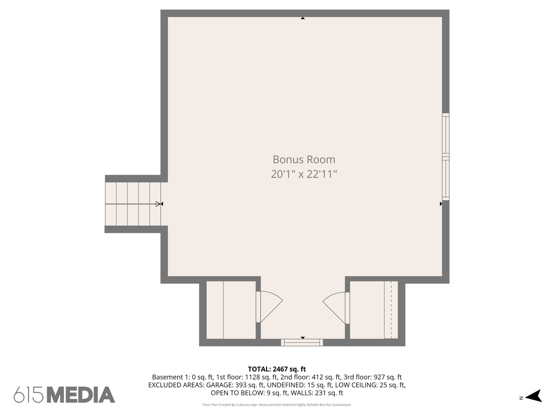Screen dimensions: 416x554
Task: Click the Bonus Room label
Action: tap(304, 160)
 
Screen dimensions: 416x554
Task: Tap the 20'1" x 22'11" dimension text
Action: tap(304, 174)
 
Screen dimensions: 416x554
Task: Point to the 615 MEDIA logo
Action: tap(64, 395)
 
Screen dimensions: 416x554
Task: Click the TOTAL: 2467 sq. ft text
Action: tap(277, 369)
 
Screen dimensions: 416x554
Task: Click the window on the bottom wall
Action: tap(302, 343)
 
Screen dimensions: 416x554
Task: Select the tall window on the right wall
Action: tap(446, 157)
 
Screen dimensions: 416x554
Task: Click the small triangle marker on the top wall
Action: tap(303, 18)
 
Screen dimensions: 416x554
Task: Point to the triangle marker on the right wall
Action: tap(441, 204)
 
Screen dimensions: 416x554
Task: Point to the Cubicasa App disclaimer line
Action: tap(277, 405)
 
